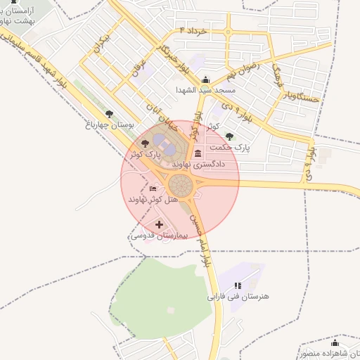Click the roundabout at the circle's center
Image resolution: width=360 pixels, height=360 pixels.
pos(181,186)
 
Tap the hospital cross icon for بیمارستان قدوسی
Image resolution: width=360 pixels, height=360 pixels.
pos(160,225)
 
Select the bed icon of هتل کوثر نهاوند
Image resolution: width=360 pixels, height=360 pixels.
pos(153,189)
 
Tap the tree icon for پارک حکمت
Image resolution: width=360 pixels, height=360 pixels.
pos(229,136)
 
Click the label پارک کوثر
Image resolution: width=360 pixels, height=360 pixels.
pos(144,153)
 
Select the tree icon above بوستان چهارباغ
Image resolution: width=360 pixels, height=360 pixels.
pos(108,113)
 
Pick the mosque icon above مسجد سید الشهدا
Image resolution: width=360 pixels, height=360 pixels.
pos(205,80)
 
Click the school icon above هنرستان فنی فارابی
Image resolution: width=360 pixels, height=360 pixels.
pos(238,285)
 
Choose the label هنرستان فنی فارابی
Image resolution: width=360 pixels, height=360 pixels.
pos(238,297)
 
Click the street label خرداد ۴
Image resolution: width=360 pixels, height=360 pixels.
pos(203,32)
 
